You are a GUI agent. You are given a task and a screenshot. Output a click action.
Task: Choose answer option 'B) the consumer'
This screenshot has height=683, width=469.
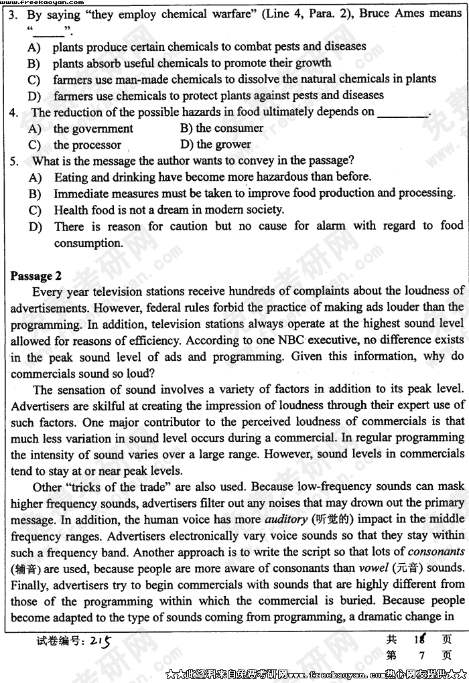(222, 128)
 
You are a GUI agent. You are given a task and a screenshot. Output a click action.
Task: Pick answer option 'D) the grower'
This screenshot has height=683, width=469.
(214, 144)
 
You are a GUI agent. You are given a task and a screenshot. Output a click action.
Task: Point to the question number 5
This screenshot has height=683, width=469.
(14, 161)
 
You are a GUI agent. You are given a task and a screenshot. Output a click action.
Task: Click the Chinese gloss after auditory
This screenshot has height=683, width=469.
(329, 519)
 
